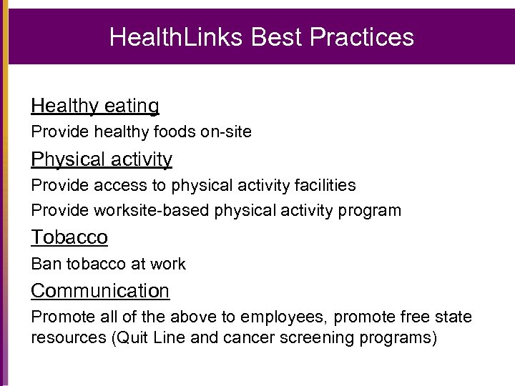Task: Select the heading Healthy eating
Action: click(94, 106)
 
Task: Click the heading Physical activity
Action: click(101, 159)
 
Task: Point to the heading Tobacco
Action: click(69, 237)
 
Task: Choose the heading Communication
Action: click(100, 291)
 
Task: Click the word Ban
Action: click(46, 264)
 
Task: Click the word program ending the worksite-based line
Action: click(370, 211)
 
